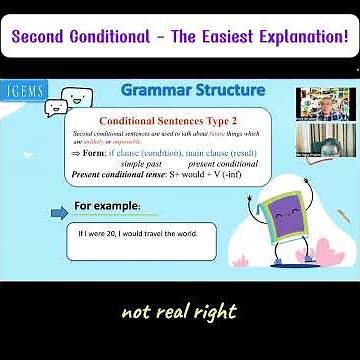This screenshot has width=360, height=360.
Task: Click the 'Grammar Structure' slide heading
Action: (193, 91)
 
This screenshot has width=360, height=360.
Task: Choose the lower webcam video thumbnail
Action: (326, 141)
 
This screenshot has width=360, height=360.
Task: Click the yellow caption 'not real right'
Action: (179, 311)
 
